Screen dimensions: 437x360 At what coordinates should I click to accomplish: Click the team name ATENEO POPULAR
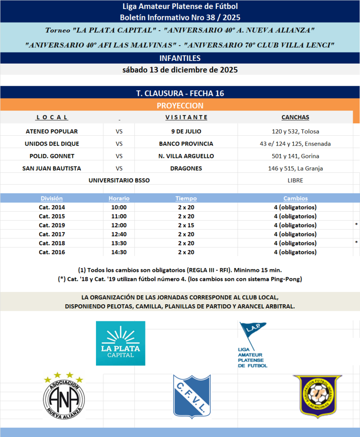(x=52, y=131)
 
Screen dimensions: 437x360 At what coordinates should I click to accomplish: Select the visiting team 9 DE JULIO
(x=186, y=131)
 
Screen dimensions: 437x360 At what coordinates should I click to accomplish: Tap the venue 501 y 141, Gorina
(x=295, y=156)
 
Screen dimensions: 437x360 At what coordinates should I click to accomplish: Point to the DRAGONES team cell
(x=186, y=168)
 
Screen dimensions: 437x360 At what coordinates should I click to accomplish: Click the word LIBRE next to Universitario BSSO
(x=295, y=180)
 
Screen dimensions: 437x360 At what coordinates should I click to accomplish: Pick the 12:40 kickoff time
(x=119, y=234)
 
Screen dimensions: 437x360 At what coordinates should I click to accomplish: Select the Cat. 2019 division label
(x=52, y=225)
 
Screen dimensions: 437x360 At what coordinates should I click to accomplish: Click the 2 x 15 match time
(x=186, y=225)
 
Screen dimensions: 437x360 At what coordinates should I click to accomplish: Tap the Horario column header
(x=119, y=198)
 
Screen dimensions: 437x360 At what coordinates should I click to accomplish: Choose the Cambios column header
(x=295, y=198)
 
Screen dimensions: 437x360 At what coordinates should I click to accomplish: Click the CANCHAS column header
(x=295, y=117)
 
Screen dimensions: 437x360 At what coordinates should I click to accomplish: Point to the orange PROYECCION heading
(x=180, y=105)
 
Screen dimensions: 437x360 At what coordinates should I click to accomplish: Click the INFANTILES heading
(x=180, y=58)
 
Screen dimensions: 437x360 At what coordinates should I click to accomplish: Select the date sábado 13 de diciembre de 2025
(x=180, y=70)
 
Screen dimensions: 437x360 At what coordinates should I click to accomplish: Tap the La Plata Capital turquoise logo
(x=120, y=343)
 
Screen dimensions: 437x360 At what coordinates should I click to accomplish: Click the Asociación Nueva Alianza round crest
(x=63, y=396)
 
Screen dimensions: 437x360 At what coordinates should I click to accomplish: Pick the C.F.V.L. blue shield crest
(x=192, y=396)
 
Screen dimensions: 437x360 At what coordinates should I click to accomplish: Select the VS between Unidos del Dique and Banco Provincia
(x=119, y=143)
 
